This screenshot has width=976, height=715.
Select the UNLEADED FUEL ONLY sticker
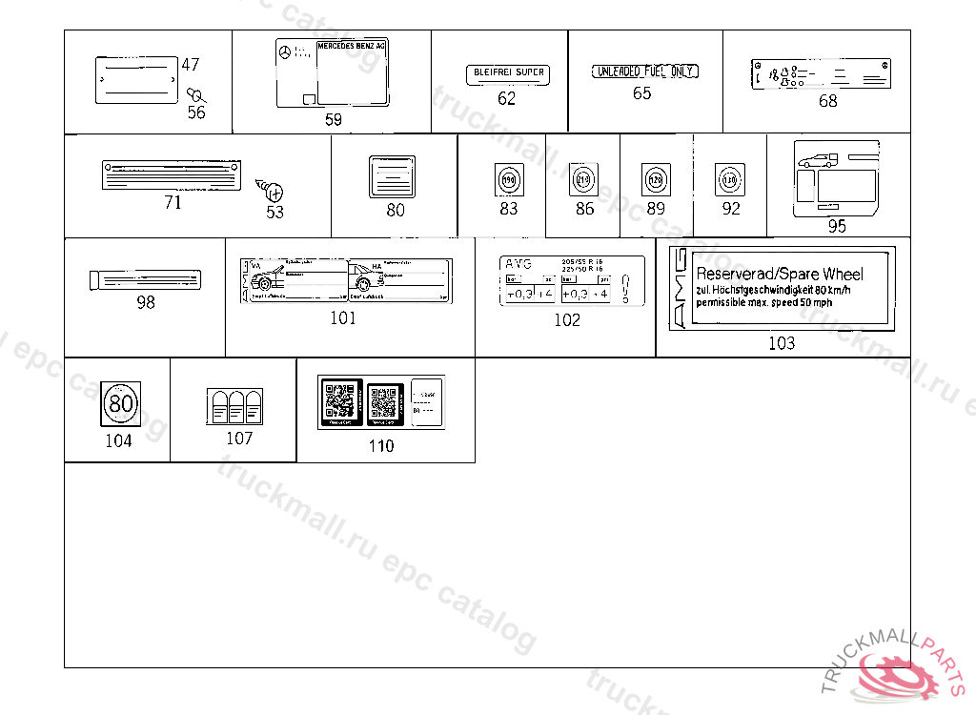coord(645,71)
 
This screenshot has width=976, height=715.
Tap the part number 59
coord(333,120)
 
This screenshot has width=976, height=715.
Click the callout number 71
coord(173,202)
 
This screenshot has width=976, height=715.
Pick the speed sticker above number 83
coord(508,179)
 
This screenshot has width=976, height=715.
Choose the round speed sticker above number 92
coord(730,178)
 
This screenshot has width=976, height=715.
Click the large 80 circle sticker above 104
coord(121,404)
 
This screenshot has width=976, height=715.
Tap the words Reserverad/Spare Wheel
coord(780,274)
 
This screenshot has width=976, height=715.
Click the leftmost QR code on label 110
coord(339,402)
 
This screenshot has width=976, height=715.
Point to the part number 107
coord(239,439)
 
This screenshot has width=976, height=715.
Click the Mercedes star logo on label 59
coord(283,52)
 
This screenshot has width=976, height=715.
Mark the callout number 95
coord(837,226)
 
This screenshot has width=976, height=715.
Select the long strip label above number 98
coord(145,278)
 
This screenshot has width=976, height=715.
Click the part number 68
coord(828,101)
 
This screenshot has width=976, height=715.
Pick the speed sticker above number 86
coord(583,178)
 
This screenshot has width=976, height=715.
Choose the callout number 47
coord(191,65)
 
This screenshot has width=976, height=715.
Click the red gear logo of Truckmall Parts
coord(900,676)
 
